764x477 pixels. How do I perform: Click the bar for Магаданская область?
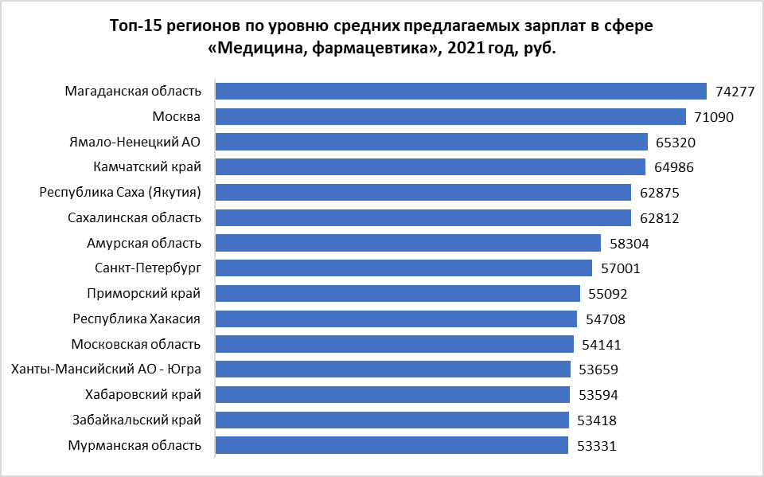click(x=462, y=92)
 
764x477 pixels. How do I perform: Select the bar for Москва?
click(x=451, y=117)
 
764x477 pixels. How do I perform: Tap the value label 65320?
click(x=675, y=143)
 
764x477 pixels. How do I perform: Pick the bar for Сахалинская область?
click(x=423, y=218)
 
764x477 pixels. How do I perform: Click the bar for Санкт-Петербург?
click(x=404, y=268)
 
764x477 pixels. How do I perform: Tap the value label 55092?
click(x=608, y=294)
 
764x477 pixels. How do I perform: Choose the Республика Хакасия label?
click(x=136, y=319)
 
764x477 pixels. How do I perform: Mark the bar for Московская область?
click(x=395, y=344)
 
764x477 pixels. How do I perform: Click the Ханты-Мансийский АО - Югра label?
click(x=105, y=369)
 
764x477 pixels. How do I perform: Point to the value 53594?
click(x=598, y=395)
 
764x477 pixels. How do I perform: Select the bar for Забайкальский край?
click(x=392, y=420)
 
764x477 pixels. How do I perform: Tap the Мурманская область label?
click(x=135, y=445)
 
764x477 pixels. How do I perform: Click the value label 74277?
click(x=735, y=92)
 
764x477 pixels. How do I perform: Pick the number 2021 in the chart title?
click(x=466, y=49)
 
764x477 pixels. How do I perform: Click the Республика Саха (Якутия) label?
click(x=120, y=193)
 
